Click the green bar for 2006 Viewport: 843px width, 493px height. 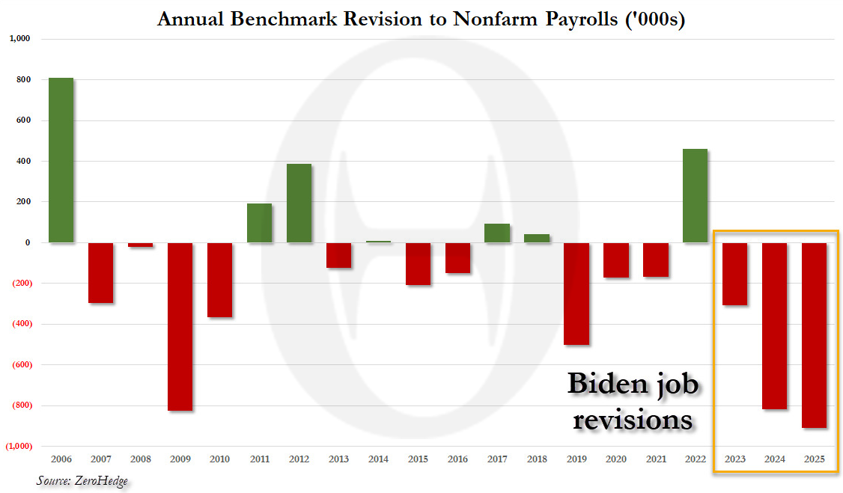(x=61, y=160)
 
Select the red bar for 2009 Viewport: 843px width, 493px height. (x=180, y=326)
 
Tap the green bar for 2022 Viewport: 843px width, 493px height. (x=695, y=196)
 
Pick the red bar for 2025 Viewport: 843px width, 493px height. (x=814, y=335)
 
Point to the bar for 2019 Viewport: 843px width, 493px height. (x=576, y=293)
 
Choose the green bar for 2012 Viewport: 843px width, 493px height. (x=299, y=203)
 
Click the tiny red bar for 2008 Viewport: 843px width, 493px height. (x=140, y=245)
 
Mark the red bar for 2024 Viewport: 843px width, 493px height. (x=774, y=325)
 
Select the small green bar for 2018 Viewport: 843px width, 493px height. (x=537, y=238)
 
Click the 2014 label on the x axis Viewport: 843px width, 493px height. (x=378, y=458)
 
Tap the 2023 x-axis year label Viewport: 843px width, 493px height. (x=734, y=458)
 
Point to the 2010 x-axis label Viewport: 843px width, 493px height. (x=219, y=458)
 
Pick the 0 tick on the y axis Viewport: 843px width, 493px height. (x=27, y=242)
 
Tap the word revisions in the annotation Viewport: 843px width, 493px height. (x=633, y=419)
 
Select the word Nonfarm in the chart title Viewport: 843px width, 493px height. (x=489, y=19)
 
